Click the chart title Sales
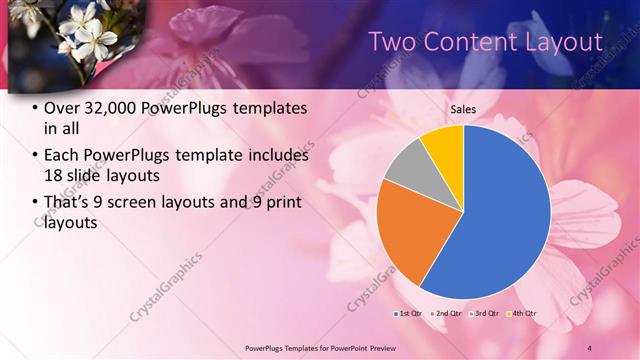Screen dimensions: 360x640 pyautogui.click(x=463, y=110)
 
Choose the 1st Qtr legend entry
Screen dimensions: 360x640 pyautogui.click(x=408, y=313)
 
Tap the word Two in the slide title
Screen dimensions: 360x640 pyautogui.click(x=394, y=42)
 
